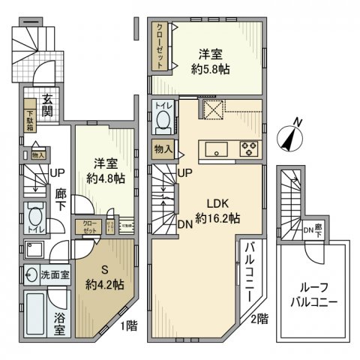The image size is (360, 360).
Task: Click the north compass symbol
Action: coord(289,137)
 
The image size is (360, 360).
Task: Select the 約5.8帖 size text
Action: coord(211,67)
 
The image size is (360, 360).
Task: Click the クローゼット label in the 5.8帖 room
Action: coord(160,46)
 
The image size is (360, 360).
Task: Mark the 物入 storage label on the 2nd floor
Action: coord(163,149)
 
